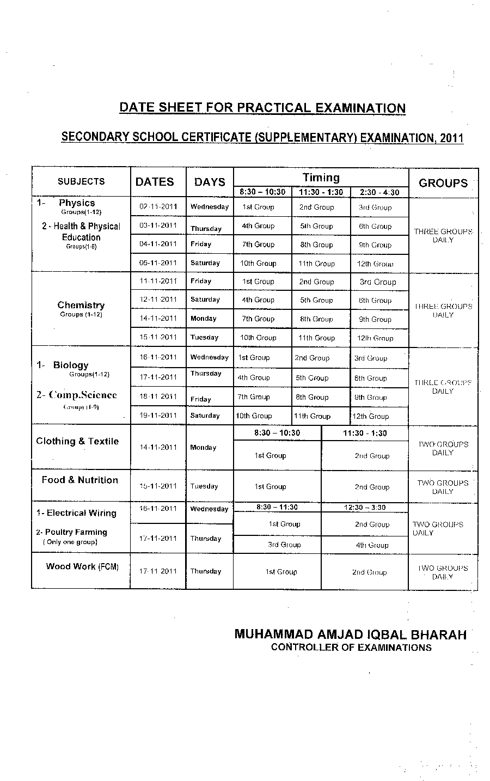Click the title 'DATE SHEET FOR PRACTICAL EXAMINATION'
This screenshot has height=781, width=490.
262,107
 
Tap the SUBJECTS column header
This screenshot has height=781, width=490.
81,181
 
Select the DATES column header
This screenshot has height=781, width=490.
155,182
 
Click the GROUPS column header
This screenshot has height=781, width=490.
443,183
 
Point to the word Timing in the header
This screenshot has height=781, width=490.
321,177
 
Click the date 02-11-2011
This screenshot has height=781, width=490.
158,206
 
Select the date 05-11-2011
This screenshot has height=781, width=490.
158,263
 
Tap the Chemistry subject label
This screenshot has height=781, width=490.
81,305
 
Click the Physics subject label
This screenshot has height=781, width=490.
77,203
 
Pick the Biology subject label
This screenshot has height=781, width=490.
71,365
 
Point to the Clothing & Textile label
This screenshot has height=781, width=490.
77,441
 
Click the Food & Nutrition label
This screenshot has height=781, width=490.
79,480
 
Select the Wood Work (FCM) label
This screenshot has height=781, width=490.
82,566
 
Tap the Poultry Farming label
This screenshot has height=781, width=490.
76,532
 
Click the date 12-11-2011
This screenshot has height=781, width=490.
158,300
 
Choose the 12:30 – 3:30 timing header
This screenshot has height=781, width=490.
365,507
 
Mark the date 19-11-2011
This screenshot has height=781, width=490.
158,415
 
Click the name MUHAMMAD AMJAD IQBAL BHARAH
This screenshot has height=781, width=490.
350,634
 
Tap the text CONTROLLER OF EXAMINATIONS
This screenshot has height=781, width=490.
351,648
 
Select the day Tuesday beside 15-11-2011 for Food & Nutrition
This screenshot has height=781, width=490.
204,486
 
